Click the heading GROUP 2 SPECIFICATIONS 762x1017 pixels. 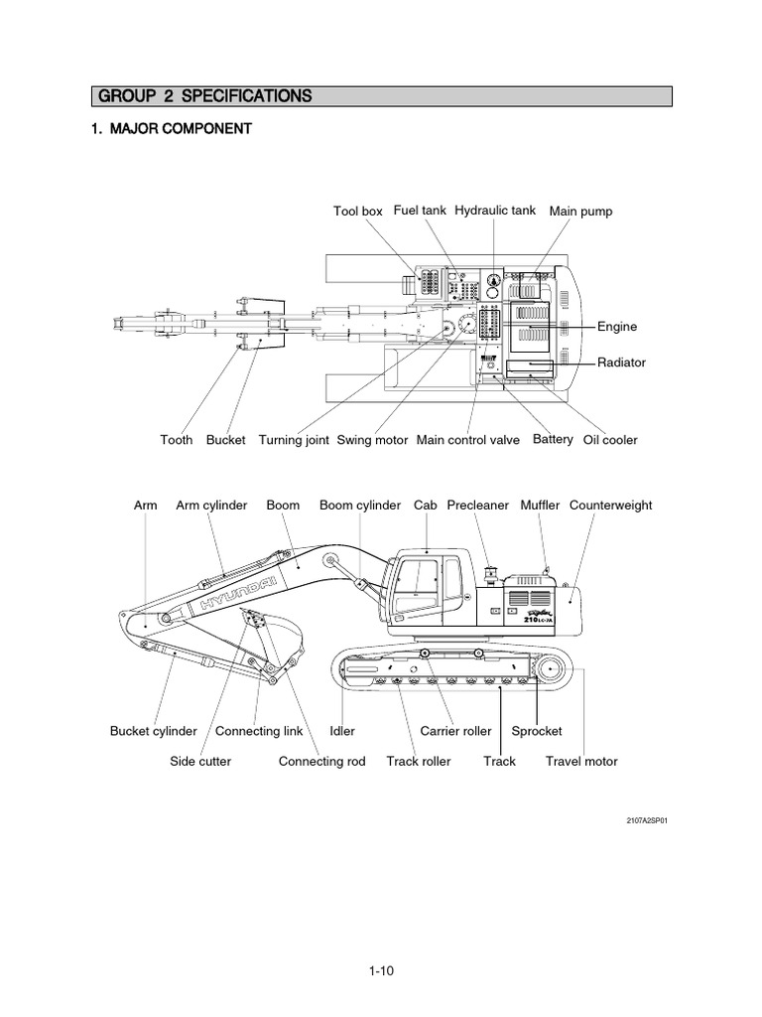(x=202, y=96)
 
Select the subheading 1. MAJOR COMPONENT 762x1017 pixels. (x=171, y=129)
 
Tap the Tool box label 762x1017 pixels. (x=357, y=212)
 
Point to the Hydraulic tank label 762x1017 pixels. (x=495, y=211)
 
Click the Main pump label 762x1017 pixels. (x=580, y=212)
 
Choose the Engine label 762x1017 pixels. (x=616, y=327)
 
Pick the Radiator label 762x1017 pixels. (x=621, y=363)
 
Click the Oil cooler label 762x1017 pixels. (x=610, y=440)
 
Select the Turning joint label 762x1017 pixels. (x=294, y=440)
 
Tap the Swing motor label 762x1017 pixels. (x=372, y=440)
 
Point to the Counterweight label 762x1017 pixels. (x=610, y=506)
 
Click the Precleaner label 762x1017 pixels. (x=477, y=506)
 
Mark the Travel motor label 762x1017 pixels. (x=581, y=762)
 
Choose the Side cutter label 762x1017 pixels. (x=200, y=762)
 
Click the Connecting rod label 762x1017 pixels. (x=321, y=762)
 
